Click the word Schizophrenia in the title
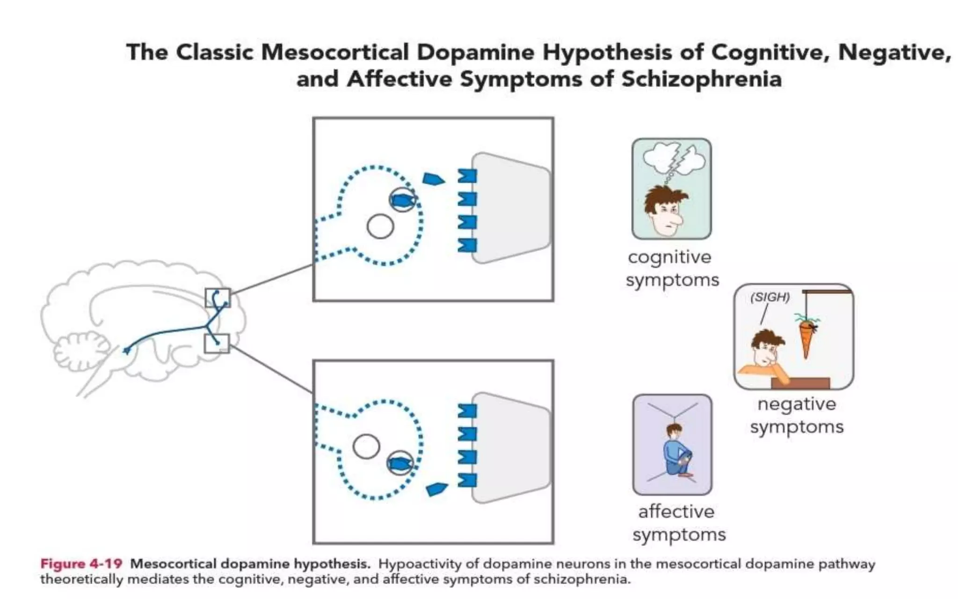pyautogui.click(x=701, y=79)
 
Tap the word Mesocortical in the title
pyautogui.click(x=335, y=52)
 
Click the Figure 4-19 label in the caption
pyautogui.click(x=81, y=564)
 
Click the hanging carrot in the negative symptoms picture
pyautogui.click(x=806, y=337)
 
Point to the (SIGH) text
pyautogui.click(x=769, y=297)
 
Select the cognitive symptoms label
pyautogui.click(x=672, y=268)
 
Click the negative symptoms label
pyautogui.click(x=796, y=415)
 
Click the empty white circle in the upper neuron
pyautogui.click(x=380, y=226)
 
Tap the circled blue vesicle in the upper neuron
pyautogui.click(x=402, y=200)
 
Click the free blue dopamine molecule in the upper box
pyautogui.click(x=433, y=178)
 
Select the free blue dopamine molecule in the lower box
pyautogui.click(x=436, y=489)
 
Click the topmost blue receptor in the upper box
pyautogui.click(x=466, y=176)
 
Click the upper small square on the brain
pyautogui.click(x=218, y=298)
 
